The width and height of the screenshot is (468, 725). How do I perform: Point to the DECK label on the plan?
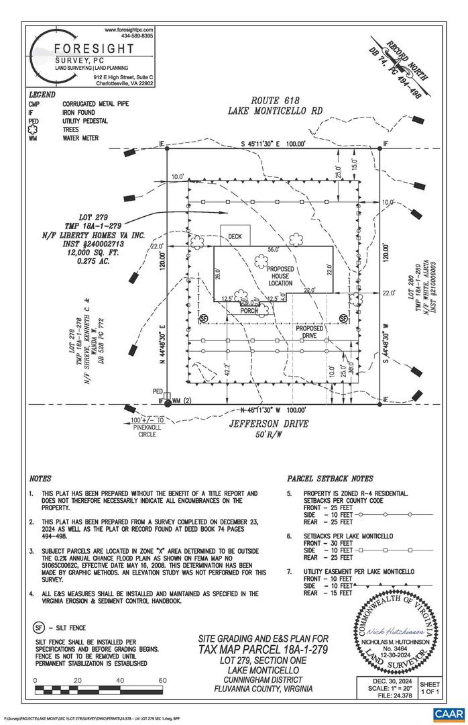point(235,237)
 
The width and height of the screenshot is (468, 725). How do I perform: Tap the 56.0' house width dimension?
point(273,249)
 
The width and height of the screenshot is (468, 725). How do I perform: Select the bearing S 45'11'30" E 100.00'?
point(274,144)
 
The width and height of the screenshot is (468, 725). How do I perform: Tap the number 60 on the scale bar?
point(162,681)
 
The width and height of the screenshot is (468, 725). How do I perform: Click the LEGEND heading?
point(42,95)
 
